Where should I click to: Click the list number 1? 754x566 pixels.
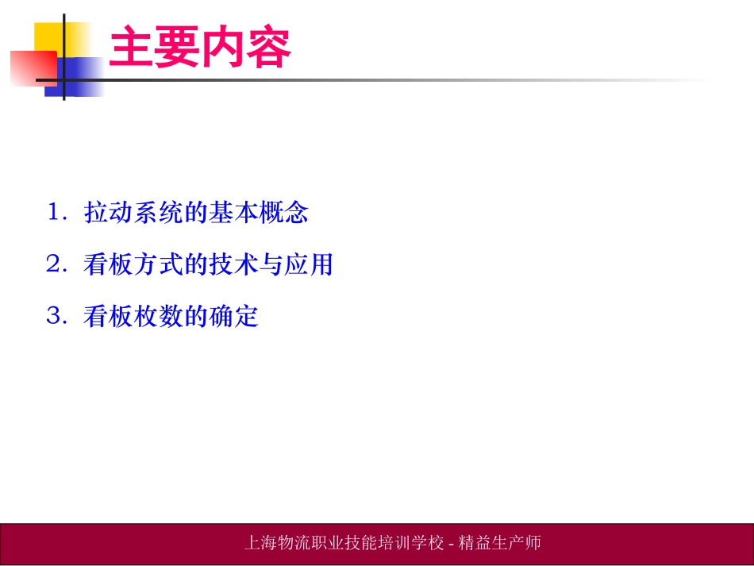click(55, 213)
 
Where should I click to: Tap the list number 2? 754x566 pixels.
click(55, 265)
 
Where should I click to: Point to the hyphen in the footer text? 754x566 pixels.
click(452, 544)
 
